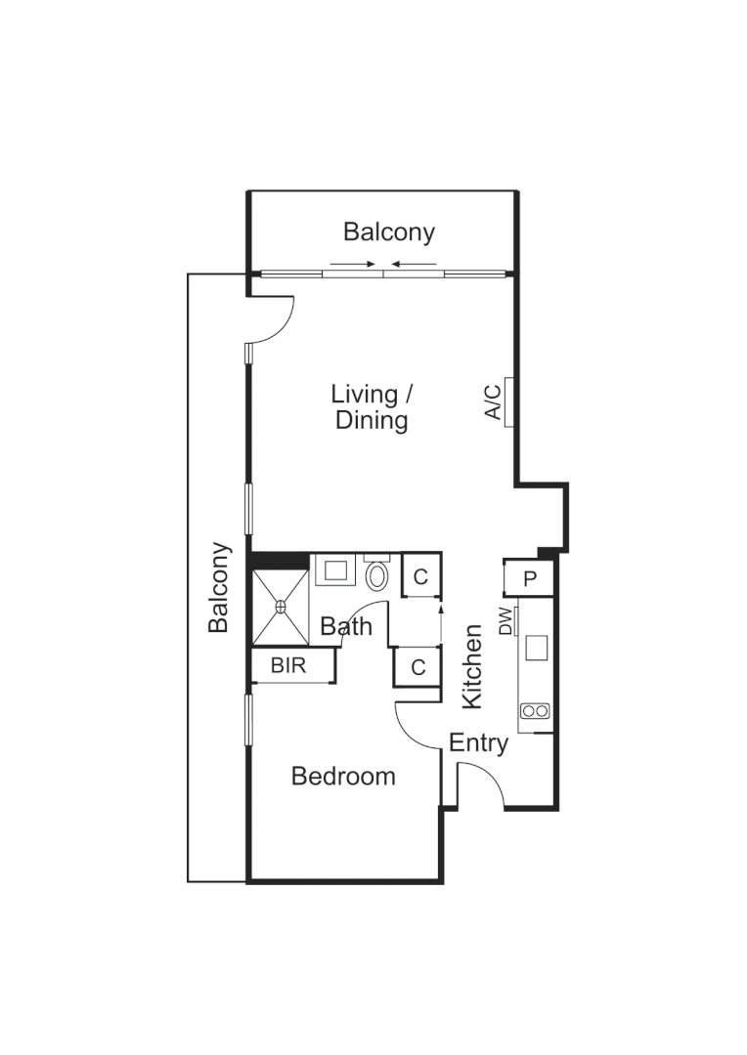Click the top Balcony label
(388, 232)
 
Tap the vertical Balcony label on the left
(219, 587)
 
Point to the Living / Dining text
(371, 407)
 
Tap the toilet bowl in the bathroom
(376, 575)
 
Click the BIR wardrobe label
(288, 666)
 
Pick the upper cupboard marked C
(419, 577)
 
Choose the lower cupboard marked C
(417, 668)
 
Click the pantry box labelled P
(530, 578)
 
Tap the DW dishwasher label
(505, 621)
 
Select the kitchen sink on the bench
(536, 648)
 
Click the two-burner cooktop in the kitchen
(536, 711)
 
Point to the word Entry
(478, 743)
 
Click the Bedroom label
(343, 777)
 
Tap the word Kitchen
(472, 666)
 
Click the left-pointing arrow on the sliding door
(415, 263)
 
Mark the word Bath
(346, 626)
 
